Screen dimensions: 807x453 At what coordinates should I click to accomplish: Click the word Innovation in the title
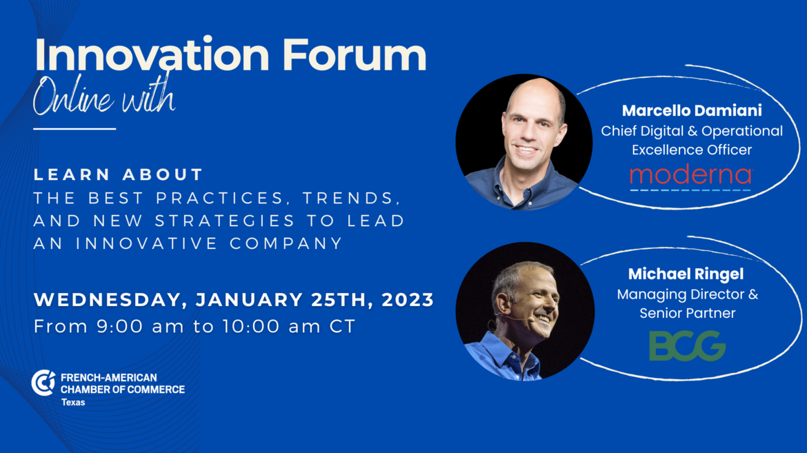click(152, 54)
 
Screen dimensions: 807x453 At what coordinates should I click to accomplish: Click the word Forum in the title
click(355, 54)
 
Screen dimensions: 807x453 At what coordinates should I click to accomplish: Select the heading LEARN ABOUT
click(119, 174)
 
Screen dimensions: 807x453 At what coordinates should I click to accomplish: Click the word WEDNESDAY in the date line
click(108, 300)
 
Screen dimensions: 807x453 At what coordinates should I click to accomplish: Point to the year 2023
click(408, 300)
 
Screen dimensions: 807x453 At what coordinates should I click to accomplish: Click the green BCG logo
click(687, 346)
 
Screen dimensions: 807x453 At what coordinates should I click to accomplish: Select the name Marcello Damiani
click(692, 110)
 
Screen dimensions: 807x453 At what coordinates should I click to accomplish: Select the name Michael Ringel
click(686, 274)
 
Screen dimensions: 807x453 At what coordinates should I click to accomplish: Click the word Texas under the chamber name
click(73, 403)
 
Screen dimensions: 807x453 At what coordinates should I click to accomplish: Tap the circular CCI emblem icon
click(43, 383)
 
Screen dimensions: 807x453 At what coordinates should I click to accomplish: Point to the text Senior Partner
click(688, 313)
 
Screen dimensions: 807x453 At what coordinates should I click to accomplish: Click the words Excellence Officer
click(692, 150)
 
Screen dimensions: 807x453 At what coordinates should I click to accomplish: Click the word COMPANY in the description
click(286, 243)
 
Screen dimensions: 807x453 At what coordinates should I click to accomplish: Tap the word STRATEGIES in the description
click(225, 221)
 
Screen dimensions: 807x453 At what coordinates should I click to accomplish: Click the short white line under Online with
click(74, 129)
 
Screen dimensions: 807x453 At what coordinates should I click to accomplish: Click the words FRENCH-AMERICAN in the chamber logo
click(108, 378)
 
